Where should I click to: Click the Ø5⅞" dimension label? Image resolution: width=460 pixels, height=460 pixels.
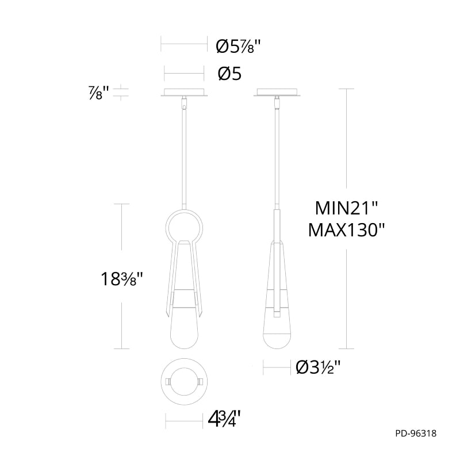[238, 46]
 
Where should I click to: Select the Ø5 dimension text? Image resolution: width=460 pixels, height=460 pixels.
[229, 74]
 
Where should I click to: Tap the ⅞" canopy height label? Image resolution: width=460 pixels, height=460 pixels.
[99, 93]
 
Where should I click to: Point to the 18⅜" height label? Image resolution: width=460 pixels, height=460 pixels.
[121, 279]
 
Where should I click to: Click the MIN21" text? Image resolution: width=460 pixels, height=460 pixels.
[346, 208]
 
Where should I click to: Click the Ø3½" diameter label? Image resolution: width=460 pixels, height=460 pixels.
[318, 367]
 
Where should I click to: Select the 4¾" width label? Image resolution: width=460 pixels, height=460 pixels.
[224, 420]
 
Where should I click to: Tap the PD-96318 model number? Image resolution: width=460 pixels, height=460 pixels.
[416, 434]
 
